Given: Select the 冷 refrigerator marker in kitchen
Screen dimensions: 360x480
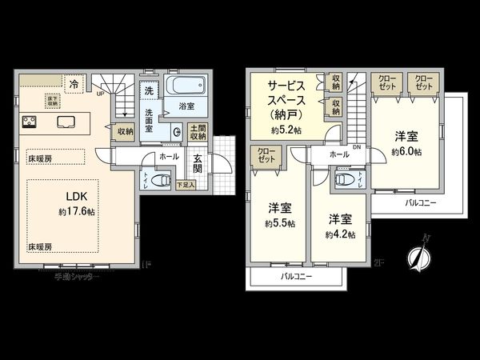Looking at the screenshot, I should pyautogui.click(x=74, y=82).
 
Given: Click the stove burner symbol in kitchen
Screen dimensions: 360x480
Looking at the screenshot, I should pyautogui.click(x=31, y=122).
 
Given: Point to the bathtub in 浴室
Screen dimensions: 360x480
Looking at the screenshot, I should pyautogui.click(x=187, y=86).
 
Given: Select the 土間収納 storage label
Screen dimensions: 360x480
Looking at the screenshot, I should pyautogui.click(x=198, y=134).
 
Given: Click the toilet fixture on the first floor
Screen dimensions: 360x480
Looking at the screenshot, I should pyautogui.click(x=150, y=179).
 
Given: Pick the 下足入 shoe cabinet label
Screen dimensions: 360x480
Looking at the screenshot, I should pyautogui.click(x=184, y=185).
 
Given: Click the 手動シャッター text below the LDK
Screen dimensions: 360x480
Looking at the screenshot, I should pyautogui.click(x=78, y=275).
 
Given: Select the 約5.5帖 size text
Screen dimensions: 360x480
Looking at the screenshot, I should pyautogui.click(x=278, y=224).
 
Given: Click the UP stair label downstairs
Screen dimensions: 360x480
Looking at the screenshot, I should pyautogui.click(x=99, y=93).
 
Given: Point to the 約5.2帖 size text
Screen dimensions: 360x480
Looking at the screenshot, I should pyautogui.click(x=286, y=130).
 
